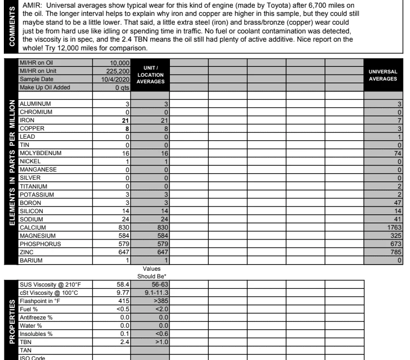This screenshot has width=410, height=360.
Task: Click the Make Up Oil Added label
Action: [x=44, y=87]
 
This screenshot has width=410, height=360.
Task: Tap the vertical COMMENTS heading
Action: [x=8, y=25]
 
